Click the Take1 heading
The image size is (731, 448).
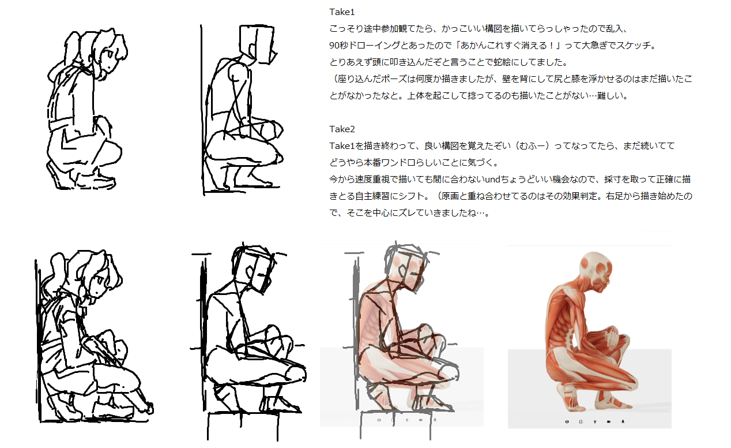click(342, 12)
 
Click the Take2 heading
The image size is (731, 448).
click(342, 129)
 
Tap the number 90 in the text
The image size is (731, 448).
click(334, 46)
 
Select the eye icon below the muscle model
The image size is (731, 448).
click(567, 421)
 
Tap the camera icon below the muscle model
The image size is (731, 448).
click(609, 421)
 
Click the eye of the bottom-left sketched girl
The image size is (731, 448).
click(98, 281)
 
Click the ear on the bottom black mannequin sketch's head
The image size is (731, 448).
click(250, 272)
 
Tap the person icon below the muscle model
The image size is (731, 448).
click(594, 421)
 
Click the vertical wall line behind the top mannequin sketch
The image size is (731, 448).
click(202, 110)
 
